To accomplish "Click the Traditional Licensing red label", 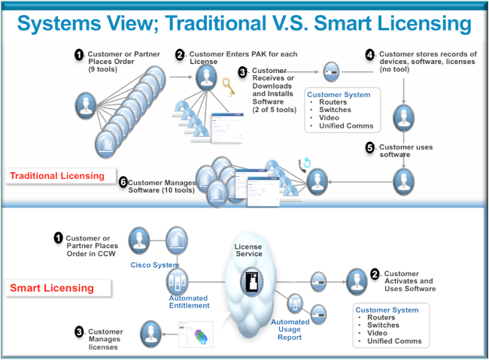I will click(56, 176).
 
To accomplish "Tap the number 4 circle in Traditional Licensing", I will click(369, 55).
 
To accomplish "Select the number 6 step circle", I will click(123, 182).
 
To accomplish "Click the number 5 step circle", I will click(369, 148).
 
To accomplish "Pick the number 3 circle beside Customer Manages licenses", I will click(78, 331).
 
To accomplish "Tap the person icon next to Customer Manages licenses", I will click(150, 333).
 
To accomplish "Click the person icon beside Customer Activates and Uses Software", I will click(357, 280).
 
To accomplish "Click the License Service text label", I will click(249, 250).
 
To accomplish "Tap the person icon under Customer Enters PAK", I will click(207, 79).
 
